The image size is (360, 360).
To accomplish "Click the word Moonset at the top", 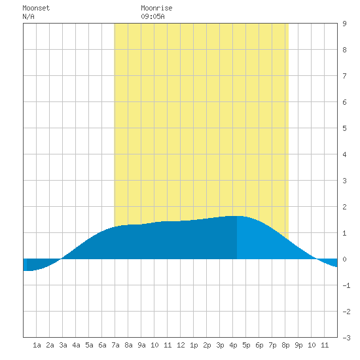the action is click(36, 8).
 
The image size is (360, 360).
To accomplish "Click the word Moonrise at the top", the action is click(156, 8).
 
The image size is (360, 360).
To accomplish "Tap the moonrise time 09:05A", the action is click(153, 16).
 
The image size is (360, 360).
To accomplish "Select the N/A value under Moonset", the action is click(28, 16).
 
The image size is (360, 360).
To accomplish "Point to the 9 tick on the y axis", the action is click(344, 24).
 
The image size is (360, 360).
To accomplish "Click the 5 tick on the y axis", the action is click(344, 128).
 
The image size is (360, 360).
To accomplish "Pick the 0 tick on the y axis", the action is click(344, 259).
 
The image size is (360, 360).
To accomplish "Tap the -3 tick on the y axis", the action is click(346, 338).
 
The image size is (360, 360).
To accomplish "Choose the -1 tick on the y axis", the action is click(346, 285).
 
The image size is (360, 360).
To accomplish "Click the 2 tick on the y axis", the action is click(344, 207).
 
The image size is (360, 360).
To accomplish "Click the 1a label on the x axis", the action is click(37, 345).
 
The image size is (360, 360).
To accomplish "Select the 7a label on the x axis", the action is click(115, 345).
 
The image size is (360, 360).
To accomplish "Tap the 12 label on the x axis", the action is click(181, 345).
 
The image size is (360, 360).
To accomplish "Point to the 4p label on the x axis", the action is click(233, 345).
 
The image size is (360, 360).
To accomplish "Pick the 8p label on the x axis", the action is click(285, 345).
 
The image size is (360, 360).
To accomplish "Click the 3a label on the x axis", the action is click(63, 345).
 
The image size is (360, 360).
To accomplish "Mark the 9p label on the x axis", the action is click(298, 345).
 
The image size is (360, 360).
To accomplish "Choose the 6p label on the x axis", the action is click(259, 345).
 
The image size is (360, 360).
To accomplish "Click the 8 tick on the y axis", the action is click(344, 50).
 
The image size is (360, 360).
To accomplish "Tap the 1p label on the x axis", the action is click(194, 345).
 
